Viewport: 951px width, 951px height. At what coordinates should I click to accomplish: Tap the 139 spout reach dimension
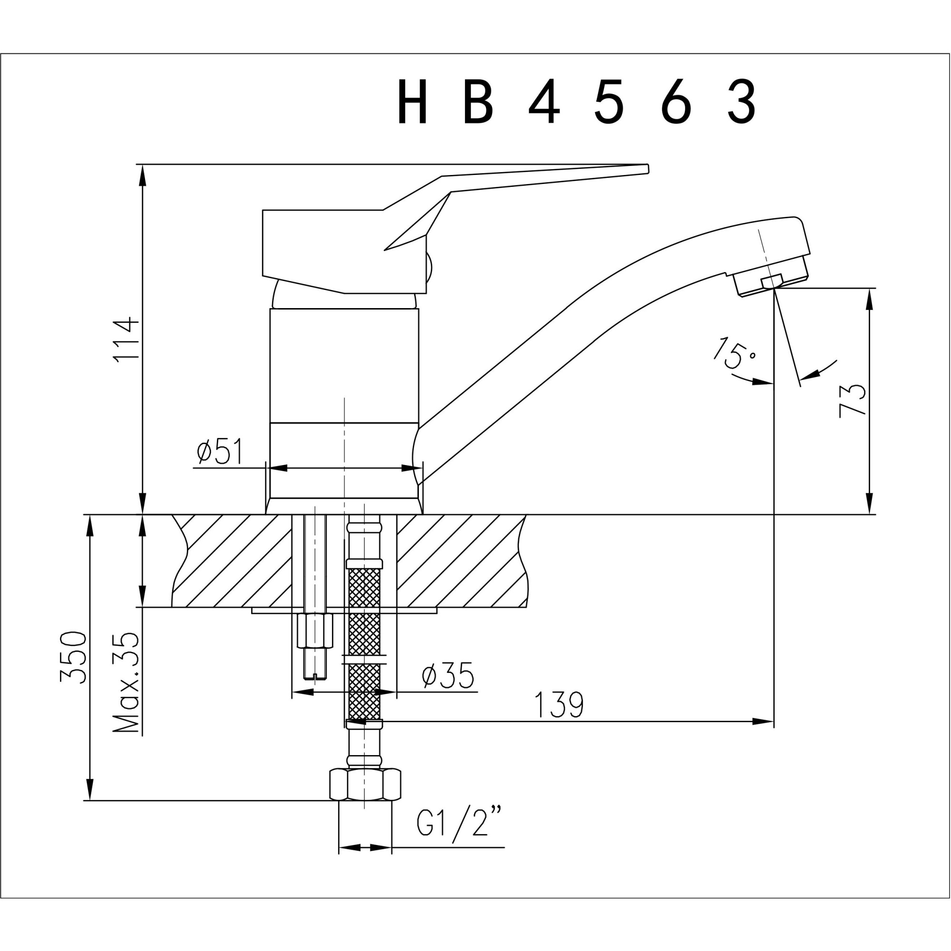click(x=559, y=705)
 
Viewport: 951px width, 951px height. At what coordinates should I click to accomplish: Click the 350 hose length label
click(x=73, y=657)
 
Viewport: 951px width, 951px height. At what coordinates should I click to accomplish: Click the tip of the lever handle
click(x=646, y=169)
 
